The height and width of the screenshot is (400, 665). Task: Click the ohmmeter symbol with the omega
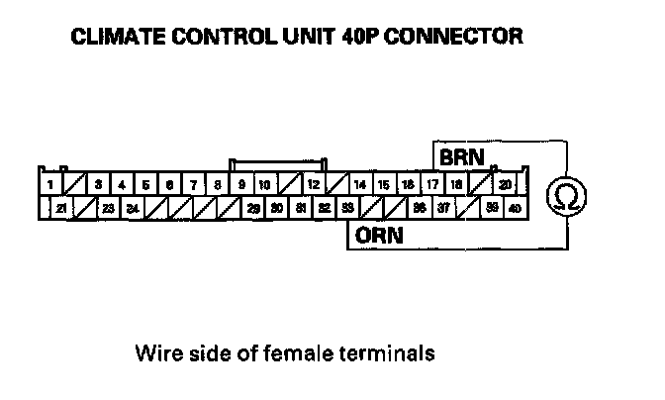point(567,195)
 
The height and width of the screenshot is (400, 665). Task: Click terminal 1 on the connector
point(49,185)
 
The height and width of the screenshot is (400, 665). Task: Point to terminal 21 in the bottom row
point(61,209)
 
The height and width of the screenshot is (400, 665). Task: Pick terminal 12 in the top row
point(312,185)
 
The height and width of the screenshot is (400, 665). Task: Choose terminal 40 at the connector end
point(516,209)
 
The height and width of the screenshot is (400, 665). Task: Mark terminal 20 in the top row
point(505,185)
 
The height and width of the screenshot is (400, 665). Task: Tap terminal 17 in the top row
point(432,185)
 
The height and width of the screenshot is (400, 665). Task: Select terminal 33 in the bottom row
point(348,209)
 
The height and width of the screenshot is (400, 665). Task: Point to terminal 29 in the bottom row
point(253,209)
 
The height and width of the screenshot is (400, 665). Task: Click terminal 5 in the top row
point(145,185)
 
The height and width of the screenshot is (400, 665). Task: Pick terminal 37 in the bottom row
point(444,209)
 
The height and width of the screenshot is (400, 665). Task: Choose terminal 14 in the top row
point(360,185)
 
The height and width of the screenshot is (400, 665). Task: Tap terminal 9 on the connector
point(241,185)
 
